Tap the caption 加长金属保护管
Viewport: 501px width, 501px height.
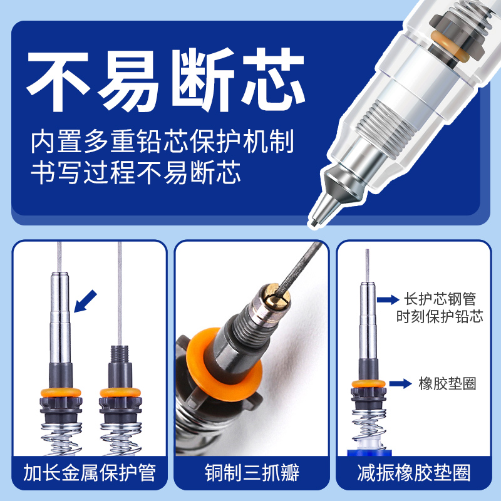point(89,472)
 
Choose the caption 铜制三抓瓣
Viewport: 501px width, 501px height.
point(250,472)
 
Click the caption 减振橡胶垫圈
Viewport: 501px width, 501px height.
point(412,472)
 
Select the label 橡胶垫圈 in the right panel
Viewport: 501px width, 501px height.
point(447,383)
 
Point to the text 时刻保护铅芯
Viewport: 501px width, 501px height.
point(440,317)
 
